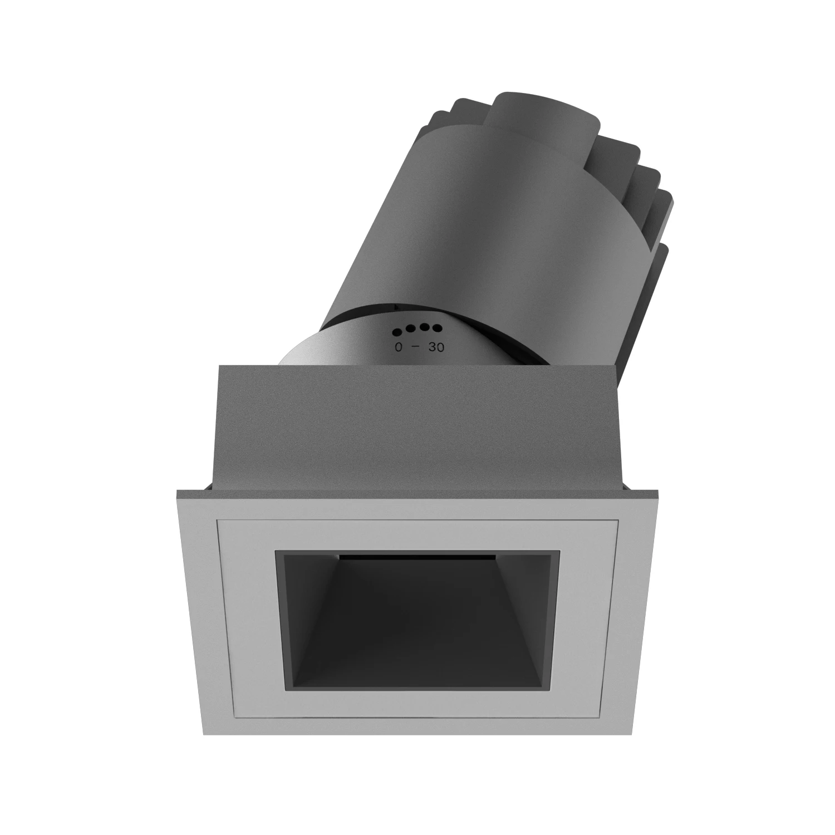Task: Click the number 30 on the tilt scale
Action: [436, 347]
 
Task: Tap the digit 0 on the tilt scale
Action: [399, 347]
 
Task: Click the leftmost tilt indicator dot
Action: [397, 332]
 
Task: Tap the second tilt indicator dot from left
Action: [410, 328]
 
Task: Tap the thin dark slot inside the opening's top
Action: [417, 556]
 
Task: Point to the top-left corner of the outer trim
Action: [177, 492]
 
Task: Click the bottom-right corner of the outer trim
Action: [632, 734]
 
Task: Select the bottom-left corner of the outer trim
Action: [204, 734]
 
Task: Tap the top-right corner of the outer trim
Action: [658, 492]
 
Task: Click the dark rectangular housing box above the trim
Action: [417, 429]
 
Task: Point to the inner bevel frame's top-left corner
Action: [218, 521]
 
